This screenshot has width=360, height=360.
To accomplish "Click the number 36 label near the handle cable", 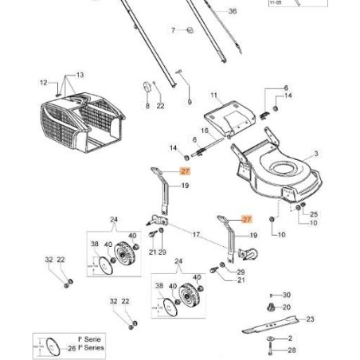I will click(x=233, y=11).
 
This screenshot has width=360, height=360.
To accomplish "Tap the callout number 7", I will click(x=172, y=30).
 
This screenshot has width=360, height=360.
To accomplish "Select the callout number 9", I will click(x=190, y=103).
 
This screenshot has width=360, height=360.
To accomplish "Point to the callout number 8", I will click(x=147, y=106).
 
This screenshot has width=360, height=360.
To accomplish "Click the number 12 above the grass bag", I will click(x=45, y=81).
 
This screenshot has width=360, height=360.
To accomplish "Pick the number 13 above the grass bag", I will click(x=80, y=74).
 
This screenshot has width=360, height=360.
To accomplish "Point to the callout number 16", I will click(x=204, y=130).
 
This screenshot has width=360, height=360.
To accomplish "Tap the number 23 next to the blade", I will click(x=311, y=319).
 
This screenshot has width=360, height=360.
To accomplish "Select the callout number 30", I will click(x=288, y=295).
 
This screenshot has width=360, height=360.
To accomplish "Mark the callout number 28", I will click(x=292, y=350).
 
